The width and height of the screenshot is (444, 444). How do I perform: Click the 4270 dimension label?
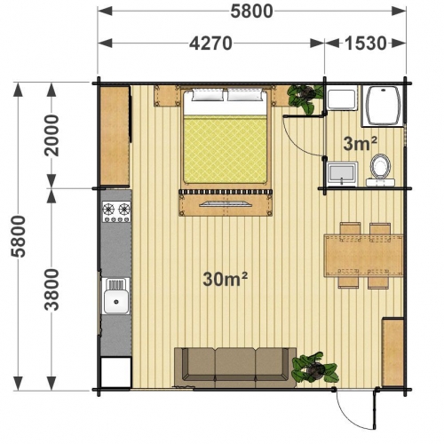210,44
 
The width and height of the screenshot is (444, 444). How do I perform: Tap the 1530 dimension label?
366,44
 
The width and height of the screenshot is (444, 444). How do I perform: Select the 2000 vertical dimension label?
52,135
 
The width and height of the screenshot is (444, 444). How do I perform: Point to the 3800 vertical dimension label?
52,289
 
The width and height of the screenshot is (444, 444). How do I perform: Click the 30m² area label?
225,279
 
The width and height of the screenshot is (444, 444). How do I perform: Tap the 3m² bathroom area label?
361,144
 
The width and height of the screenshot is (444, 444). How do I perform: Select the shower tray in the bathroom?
383,106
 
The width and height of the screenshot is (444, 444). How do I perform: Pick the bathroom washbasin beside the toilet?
342,174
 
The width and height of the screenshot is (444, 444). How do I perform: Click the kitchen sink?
116,296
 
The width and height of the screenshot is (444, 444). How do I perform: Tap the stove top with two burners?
116,211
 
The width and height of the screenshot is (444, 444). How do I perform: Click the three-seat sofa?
235,368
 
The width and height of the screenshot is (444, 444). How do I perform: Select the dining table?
363,256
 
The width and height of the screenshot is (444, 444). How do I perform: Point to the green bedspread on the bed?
226,149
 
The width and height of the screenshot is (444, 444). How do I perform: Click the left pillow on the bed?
208,95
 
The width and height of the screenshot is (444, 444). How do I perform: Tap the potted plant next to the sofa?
314,368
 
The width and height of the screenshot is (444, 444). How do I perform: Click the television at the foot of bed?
226,204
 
